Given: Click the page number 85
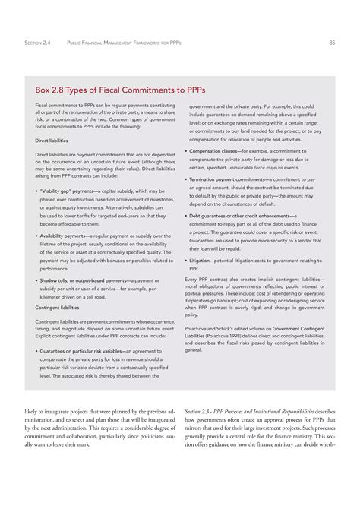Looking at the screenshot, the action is point(332,43).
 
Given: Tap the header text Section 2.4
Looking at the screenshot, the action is point(38,43).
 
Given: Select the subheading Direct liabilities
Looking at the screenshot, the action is point(52,141).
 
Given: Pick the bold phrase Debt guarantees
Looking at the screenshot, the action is point(212,215).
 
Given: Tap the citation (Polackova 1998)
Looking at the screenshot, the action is point(222,335).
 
